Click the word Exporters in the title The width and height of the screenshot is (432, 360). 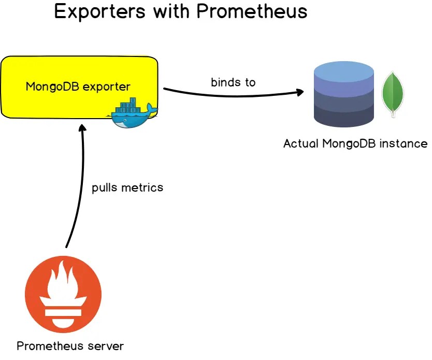(x=100, y=12)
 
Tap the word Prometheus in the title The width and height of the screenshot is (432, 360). (x=252, y=11)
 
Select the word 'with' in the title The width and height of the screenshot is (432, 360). (x=171, y=11)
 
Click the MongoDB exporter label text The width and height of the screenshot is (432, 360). (x=78, y=87)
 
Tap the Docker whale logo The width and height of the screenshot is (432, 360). (x=133, y=113)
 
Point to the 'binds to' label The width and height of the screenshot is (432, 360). (x=233, y=82)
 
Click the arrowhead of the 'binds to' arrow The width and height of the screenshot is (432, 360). (x=300, y=92)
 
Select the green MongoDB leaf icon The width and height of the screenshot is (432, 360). (x=393, y=94)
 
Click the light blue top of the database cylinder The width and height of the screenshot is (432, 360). (x=344, y=69)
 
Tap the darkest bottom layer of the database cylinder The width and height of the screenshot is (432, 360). (x=344, y=117)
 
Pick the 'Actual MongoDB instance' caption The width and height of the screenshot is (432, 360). (x=355, y=144)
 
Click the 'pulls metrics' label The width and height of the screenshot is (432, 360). (x=127, y=188)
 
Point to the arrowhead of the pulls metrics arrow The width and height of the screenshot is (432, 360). (x=82, y=128)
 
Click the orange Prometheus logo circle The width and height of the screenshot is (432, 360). (x=63, y=294)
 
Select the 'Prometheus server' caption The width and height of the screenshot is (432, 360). (x=70, y=346)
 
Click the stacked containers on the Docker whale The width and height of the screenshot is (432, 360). (x=128, y=105)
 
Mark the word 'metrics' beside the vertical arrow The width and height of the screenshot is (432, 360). (x=142, y=188)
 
